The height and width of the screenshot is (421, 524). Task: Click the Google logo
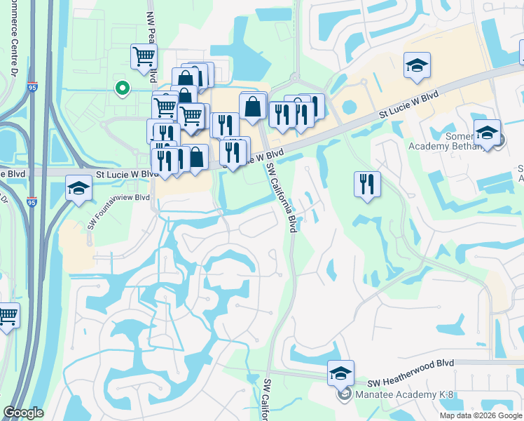point(24,413)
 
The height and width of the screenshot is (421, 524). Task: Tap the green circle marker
point(123,88)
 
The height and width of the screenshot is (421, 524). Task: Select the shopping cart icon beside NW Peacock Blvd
point(144,55)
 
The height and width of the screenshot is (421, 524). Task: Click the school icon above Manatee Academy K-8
point(340,373)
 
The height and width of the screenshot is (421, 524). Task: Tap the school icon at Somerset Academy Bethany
point(487,132)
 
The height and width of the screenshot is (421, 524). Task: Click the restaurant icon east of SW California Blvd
point(367,184)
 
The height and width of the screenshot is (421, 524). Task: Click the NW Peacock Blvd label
point(151,42)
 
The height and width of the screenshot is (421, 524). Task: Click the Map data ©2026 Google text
point(481,415)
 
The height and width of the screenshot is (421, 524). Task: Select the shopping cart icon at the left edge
point(8,316)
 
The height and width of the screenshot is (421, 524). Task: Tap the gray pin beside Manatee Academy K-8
point(344,394)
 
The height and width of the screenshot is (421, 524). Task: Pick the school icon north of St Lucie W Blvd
point(417,65)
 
